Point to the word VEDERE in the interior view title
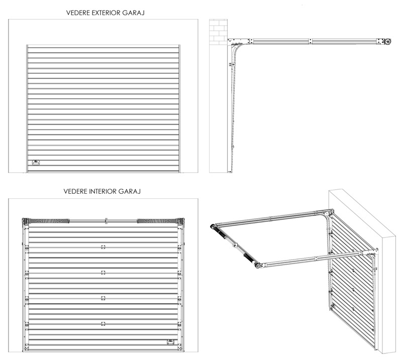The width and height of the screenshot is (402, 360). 74,191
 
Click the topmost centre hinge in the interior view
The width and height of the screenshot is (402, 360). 103,247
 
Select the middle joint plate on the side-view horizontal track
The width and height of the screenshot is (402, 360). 312,39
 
